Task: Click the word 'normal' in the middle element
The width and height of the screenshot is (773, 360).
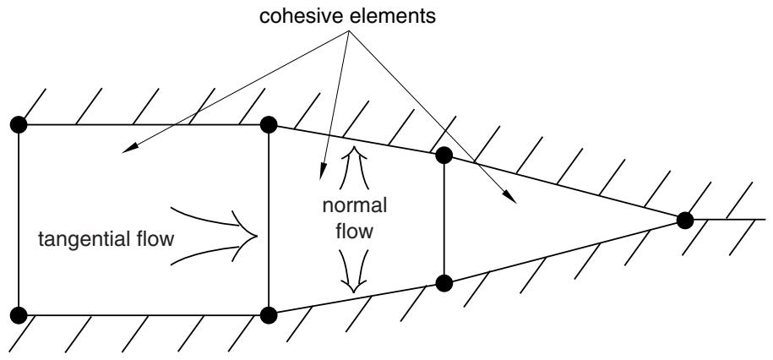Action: [x=355, y=205]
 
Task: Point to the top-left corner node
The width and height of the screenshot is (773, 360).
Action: [x=19, y=125]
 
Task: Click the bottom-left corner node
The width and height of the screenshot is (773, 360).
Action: [x=19, y=314]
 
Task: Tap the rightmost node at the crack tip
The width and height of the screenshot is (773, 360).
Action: [x=685, y=220]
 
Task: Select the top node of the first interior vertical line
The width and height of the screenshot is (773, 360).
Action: [x=269, y=125]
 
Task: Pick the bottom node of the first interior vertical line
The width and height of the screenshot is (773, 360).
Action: [x=269, y=314]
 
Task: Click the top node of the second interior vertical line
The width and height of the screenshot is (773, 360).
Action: [x=444, y=155]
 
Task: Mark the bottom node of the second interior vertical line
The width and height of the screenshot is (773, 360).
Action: [x=444, y=284]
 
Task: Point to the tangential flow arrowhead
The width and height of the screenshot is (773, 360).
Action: [x=249, y=237]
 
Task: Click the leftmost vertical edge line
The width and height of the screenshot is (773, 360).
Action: [x=19, y=220]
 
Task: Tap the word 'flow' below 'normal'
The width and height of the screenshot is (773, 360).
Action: [x=354, y=231]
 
